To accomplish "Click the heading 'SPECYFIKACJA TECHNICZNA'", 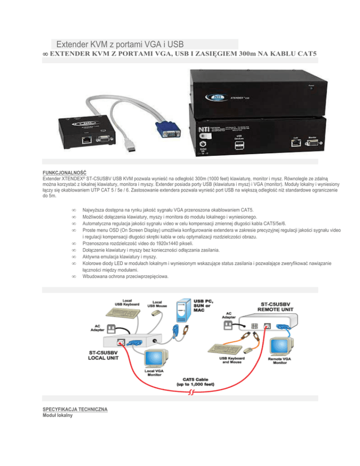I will tap(75, 409).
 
